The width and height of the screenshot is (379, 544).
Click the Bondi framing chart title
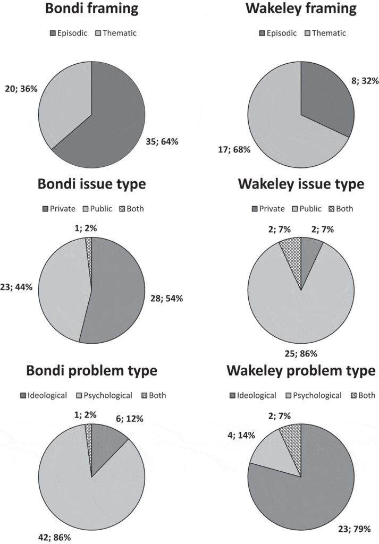pyautogui.click(x=91, y=8)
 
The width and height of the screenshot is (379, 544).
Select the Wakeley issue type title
pyautogui.click(x=301, y=184)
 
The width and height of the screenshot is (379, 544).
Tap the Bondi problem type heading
pyautogui.click(x=91, y=371)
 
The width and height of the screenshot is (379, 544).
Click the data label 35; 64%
pyautogui.click(x=162, y=141)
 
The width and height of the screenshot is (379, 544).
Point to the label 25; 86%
pyautogui.click(x=301, y=354)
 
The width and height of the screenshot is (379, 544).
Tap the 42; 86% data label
pyautogui.click(x=54, y=538)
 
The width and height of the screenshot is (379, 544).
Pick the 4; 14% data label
pyautogui.click(x=241, y=435)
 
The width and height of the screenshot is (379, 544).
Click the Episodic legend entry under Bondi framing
pyautogui.click(x=69, y=33)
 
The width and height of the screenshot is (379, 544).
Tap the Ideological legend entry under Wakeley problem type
pyautogui.click(x=253, y=395)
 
